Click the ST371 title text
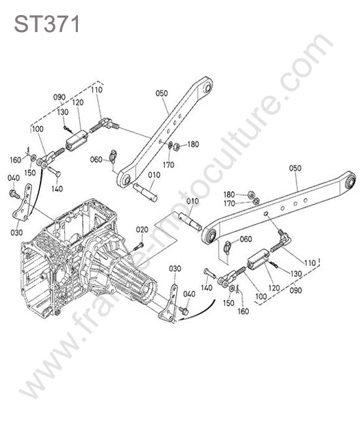click(46, 24)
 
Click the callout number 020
click(142, 230)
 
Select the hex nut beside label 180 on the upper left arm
click(176, 146)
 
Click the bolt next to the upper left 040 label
click(14, 194)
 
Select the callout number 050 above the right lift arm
click(295, 168)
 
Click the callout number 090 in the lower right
click(295, 290)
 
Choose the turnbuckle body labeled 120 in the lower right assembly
click(257, 260)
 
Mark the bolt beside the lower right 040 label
click(184, 311)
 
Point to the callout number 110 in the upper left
click(97, 90)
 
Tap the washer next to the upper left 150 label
click(34, 157)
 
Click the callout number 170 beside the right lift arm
click(229, 203)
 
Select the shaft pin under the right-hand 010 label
click(190, 221)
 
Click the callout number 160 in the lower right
click(243, 311)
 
